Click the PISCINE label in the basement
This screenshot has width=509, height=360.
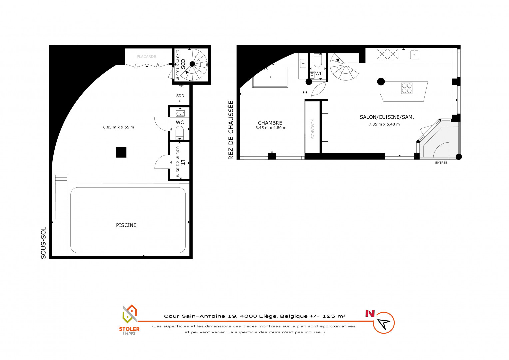tap(126, 225)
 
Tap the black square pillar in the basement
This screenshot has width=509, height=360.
tap(121, 152)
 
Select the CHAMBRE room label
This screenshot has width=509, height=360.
tap(270, 123)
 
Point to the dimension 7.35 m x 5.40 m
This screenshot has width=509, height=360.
tap(384, 124)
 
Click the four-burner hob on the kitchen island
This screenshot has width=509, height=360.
tap(407, 88)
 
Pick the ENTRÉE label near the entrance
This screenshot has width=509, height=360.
tap(441, 163)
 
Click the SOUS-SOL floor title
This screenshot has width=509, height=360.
tap(43, 243)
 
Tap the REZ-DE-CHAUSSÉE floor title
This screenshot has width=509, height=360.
tap(231, 130)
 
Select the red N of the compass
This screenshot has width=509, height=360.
tap(370, 313)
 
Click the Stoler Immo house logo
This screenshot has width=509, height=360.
tap(130, 314)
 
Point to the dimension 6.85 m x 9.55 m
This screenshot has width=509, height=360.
tap(118, 127)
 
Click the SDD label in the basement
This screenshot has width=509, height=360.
tap(180, 96)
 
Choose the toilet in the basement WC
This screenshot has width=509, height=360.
tap(180, 133)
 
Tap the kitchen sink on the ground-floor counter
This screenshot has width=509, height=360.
tap(414, 55)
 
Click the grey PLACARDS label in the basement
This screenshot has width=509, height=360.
tap(146, 57)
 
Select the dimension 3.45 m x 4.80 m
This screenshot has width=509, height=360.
tap(271, 128)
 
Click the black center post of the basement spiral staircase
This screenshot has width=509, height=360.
tap(192, 64)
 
